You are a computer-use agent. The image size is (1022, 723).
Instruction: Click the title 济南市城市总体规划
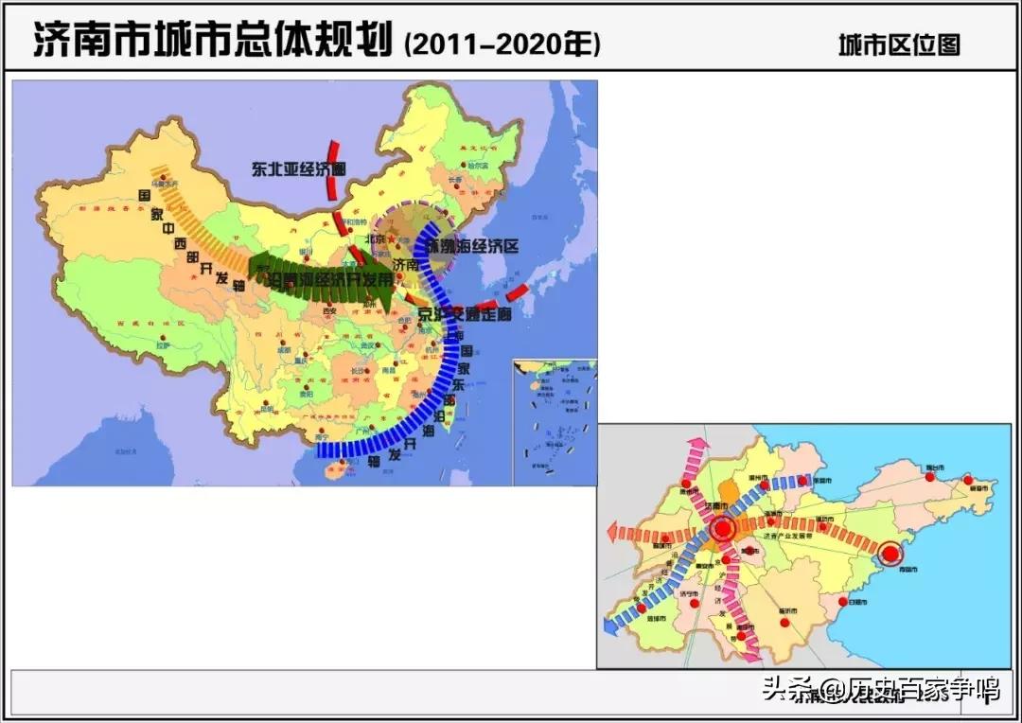point(213,42)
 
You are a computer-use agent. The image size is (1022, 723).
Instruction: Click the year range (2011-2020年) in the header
point(502,44)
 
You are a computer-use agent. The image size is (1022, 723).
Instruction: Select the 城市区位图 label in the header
point(898,44)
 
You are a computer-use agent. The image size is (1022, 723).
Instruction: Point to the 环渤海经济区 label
point(473,246)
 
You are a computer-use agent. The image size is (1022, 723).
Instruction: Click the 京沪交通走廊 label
point(465,313)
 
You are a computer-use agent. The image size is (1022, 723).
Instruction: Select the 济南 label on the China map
point(405,266)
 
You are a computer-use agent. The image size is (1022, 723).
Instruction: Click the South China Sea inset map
point(555,421)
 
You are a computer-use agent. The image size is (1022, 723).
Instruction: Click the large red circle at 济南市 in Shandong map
point(724,529)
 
